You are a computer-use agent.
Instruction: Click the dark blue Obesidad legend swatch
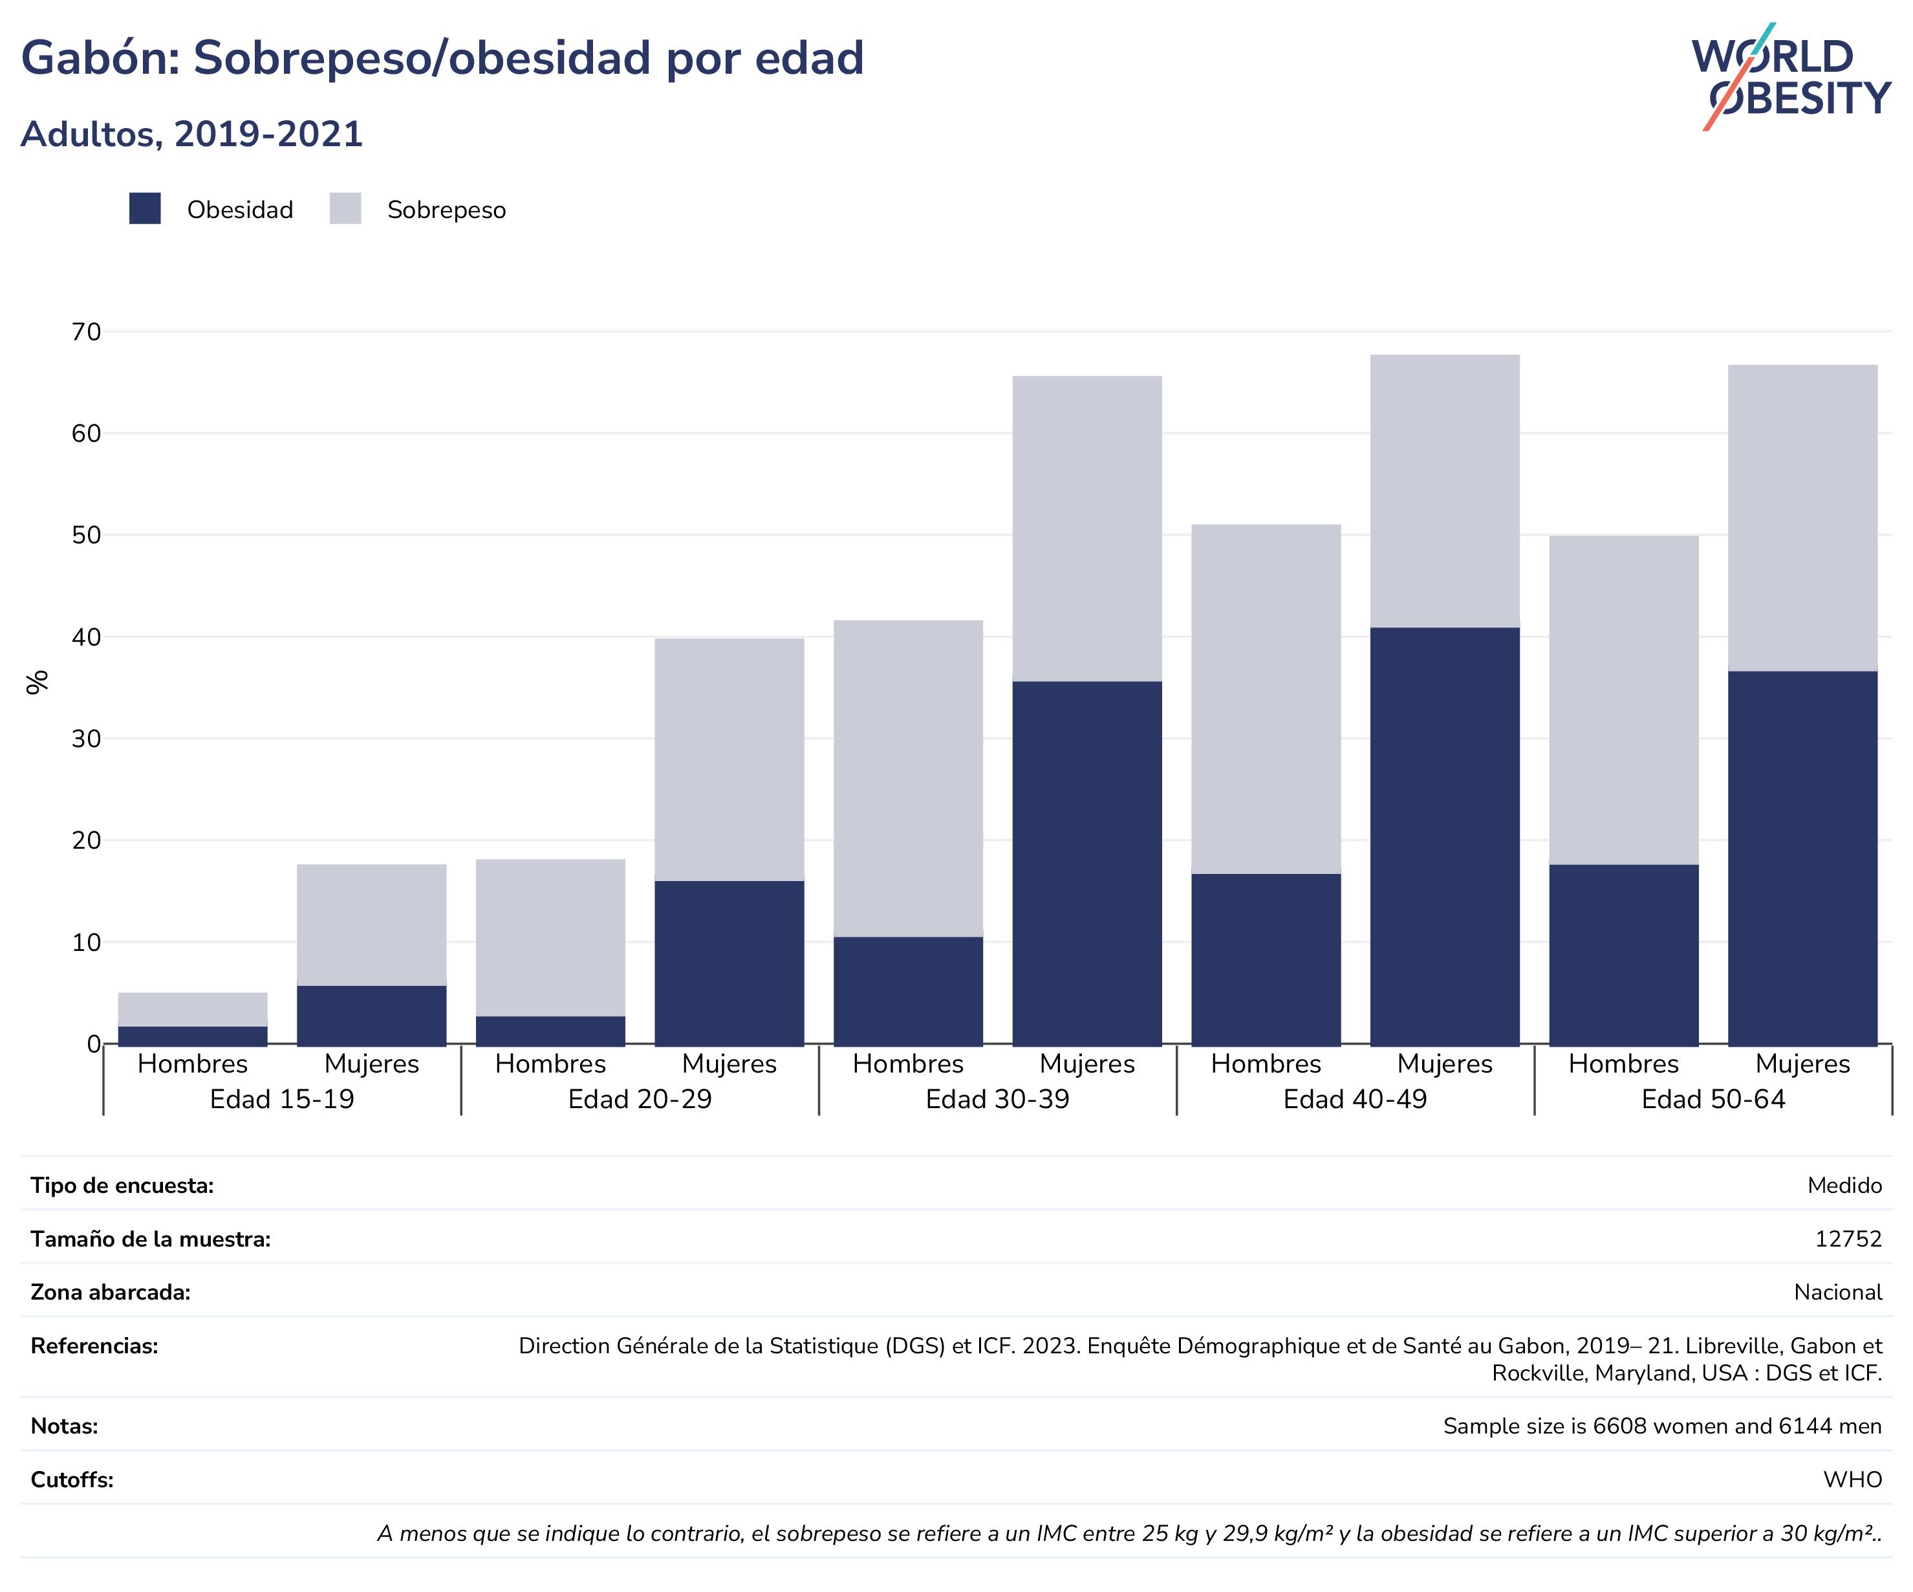click(145, 209)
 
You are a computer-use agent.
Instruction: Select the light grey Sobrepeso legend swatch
click(345, 209)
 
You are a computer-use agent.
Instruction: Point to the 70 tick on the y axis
click(87, 332)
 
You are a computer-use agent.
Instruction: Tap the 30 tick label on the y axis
click(87, 739)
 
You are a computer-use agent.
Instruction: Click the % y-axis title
click(36, 682)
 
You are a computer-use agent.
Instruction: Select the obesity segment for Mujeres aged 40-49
click(1445, 836)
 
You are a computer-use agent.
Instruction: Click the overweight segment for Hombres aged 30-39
click(908, 778)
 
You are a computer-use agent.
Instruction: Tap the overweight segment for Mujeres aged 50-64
click(1803, 519)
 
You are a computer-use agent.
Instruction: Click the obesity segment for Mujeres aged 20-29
click(730, 963)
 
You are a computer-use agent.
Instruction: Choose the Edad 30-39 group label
click(997, 1099)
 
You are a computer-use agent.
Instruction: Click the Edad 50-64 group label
click(1714, 1099)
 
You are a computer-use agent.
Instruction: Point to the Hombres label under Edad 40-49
click(1266, 1063)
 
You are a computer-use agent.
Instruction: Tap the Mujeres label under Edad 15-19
click(372, 1063)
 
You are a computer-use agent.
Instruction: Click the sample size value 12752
click(1848, 1239)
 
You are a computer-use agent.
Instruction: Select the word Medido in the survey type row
click(1844, 1186)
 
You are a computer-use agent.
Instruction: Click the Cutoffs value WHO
click(1853, 1479)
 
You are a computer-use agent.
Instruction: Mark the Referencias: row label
click(94, 1346)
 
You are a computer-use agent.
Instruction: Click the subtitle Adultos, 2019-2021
click(192, 134)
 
